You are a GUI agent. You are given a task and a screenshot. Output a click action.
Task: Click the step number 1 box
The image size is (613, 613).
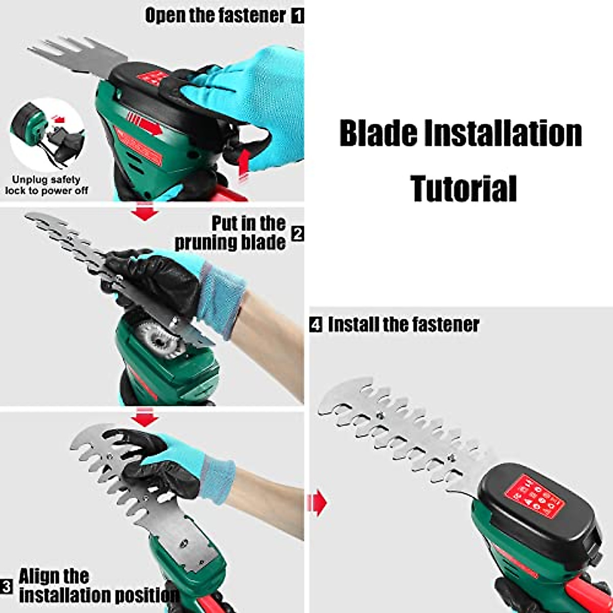point(297,16)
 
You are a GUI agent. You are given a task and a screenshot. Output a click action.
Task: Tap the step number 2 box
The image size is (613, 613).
point(297,234)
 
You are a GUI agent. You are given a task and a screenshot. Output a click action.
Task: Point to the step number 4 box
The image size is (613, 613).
point(316,325)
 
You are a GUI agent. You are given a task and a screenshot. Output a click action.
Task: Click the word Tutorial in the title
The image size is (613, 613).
point(463,188)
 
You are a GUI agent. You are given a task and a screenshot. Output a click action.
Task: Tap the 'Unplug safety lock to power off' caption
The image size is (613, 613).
point(46,185)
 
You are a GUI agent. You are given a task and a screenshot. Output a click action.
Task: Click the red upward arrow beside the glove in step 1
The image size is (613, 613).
point(244,163)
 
